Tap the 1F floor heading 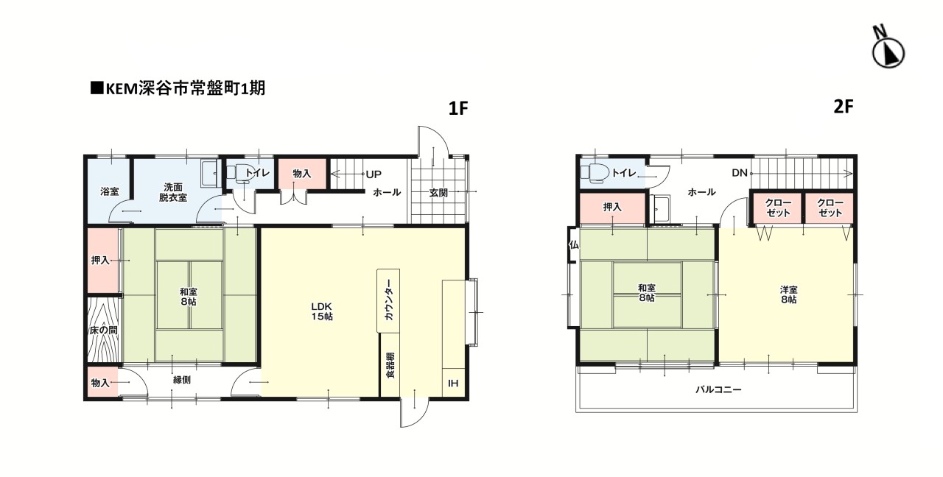pyautogui.click(x=458, y=109)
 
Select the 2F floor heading pyautogui.click(x=843, y=106)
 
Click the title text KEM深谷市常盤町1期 pyautogui.click(x=177, y=89)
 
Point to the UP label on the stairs pyautogui.click(x=374, y=174)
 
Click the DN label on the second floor pyautogui.click(x=740, y=174)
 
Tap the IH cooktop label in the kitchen pyautogui.click(x=452, y=383)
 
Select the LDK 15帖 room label pyautogui.click(x=322, y=311)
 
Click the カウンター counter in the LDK pyautogui.click(x=388, y=301)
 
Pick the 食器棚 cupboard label pyautogui.click(x=389, y=365)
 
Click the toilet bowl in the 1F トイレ pyautogui.click(x=239, y=173)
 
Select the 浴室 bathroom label pyautogui.click(x=109, y=191)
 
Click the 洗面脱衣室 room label pyautogui.click(x=174, y=191)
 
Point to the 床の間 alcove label pyautogui.click(x=103, y=331)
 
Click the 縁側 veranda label pyautogui.click(x=182, y=381)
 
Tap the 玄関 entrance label pyautogui.click(x=440, y=193)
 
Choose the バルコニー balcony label pyautogui.click(x=718, y=389)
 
